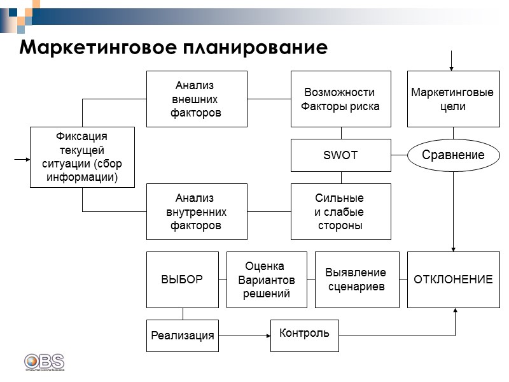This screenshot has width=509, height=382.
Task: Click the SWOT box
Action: point(341,155)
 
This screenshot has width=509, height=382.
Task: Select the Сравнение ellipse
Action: point(453,155)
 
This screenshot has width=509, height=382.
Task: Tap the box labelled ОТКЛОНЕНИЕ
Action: point(453,279)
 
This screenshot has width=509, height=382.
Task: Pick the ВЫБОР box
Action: point(183,279)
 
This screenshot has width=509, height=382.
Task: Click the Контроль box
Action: point(305,334)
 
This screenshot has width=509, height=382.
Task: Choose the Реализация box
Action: point(183,336)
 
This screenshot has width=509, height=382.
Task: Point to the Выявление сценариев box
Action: point(357,279)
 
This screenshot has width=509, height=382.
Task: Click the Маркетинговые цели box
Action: point(452,99)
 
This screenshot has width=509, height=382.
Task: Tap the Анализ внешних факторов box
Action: point(197,99)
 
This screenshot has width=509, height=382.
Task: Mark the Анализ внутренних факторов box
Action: point(197,211)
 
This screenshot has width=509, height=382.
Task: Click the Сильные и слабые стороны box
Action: point(341,211)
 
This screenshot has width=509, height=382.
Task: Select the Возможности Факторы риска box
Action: point(341,99)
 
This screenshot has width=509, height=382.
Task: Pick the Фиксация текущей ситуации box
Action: point(83,157)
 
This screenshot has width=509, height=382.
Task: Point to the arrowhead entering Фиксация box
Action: point(27,159)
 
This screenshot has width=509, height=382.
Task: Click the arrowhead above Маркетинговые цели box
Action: point(451,67)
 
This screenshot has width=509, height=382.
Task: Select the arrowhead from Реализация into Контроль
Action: point(267,334)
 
